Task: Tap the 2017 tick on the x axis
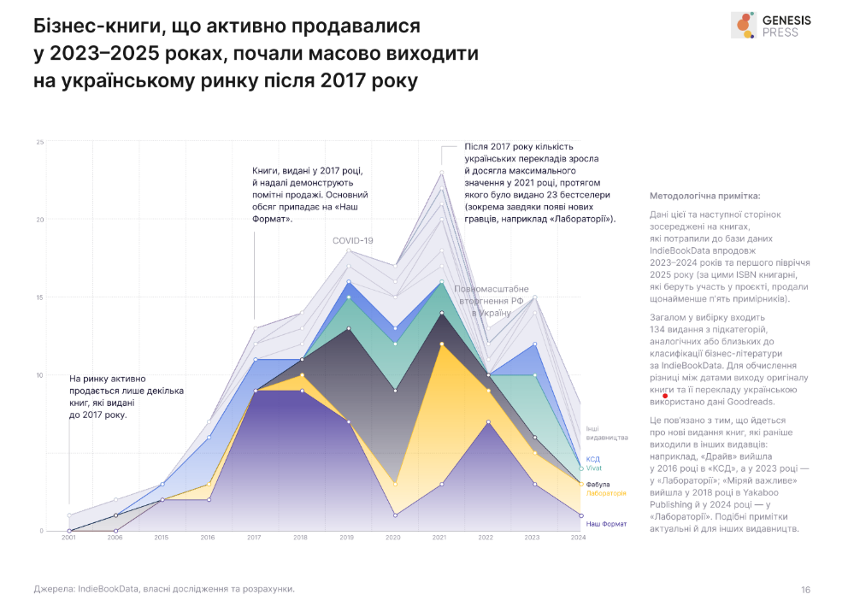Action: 254,538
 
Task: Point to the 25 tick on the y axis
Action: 39,142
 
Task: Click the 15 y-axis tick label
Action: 39,297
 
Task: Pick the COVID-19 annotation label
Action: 353,241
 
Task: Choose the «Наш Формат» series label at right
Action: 606,522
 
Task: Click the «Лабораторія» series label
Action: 606,493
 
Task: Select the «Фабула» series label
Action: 598,485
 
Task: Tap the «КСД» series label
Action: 592,459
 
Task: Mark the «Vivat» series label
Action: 594,468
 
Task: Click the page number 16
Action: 806,589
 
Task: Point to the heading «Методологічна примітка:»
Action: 698,196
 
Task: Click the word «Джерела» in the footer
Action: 54,589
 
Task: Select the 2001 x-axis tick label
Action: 68,538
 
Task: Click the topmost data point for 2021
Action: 441,173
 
